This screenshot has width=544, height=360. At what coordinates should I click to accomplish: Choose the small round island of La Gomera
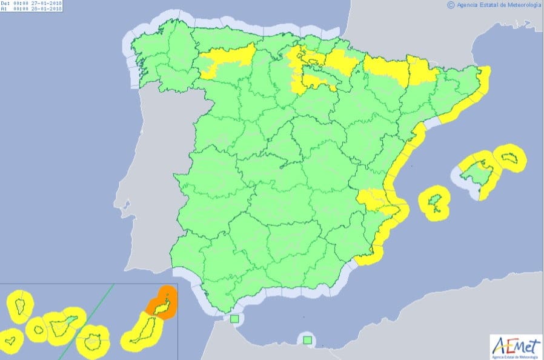[38, 330]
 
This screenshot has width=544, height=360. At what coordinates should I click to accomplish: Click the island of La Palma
[19, 305]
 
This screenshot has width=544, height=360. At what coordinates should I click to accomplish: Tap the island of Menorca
[509, 158]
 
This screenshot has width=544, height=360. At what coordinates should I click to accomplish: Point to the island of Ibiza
[435, 202]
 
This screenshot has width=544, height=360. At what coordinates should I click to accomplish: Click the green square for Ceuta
[234, 319]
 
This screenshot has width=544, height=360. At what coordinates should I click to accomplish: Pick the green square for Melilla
[308, 340]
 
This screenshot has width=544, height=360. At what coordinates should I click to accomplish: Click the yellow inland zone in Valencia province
[371, 199]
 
